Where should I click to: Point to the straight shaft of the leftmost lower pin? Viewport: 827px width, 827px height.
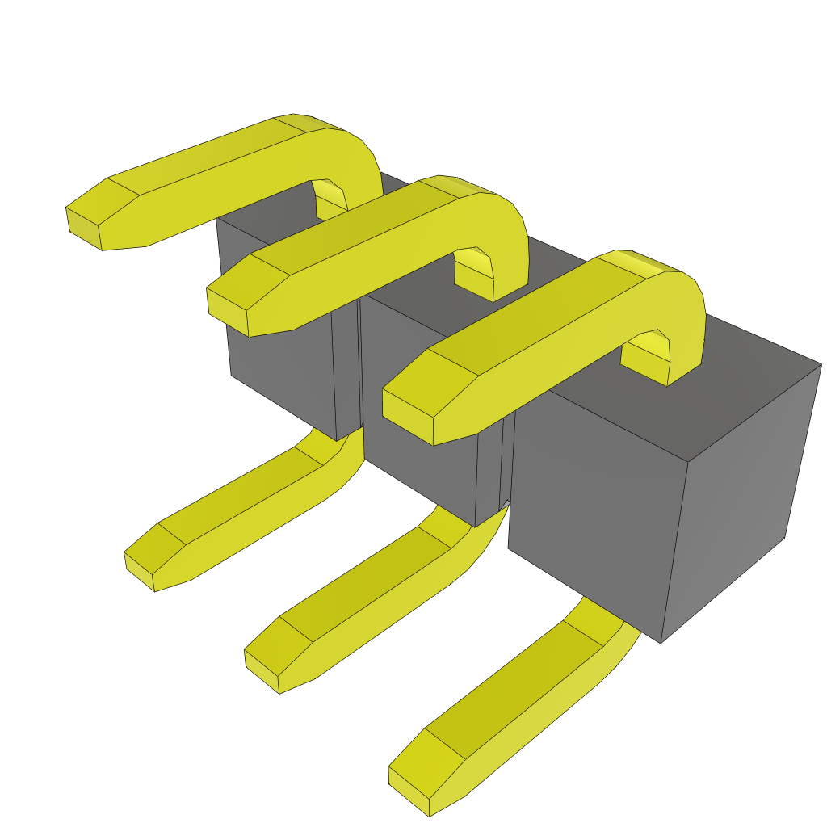point(242,501)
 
